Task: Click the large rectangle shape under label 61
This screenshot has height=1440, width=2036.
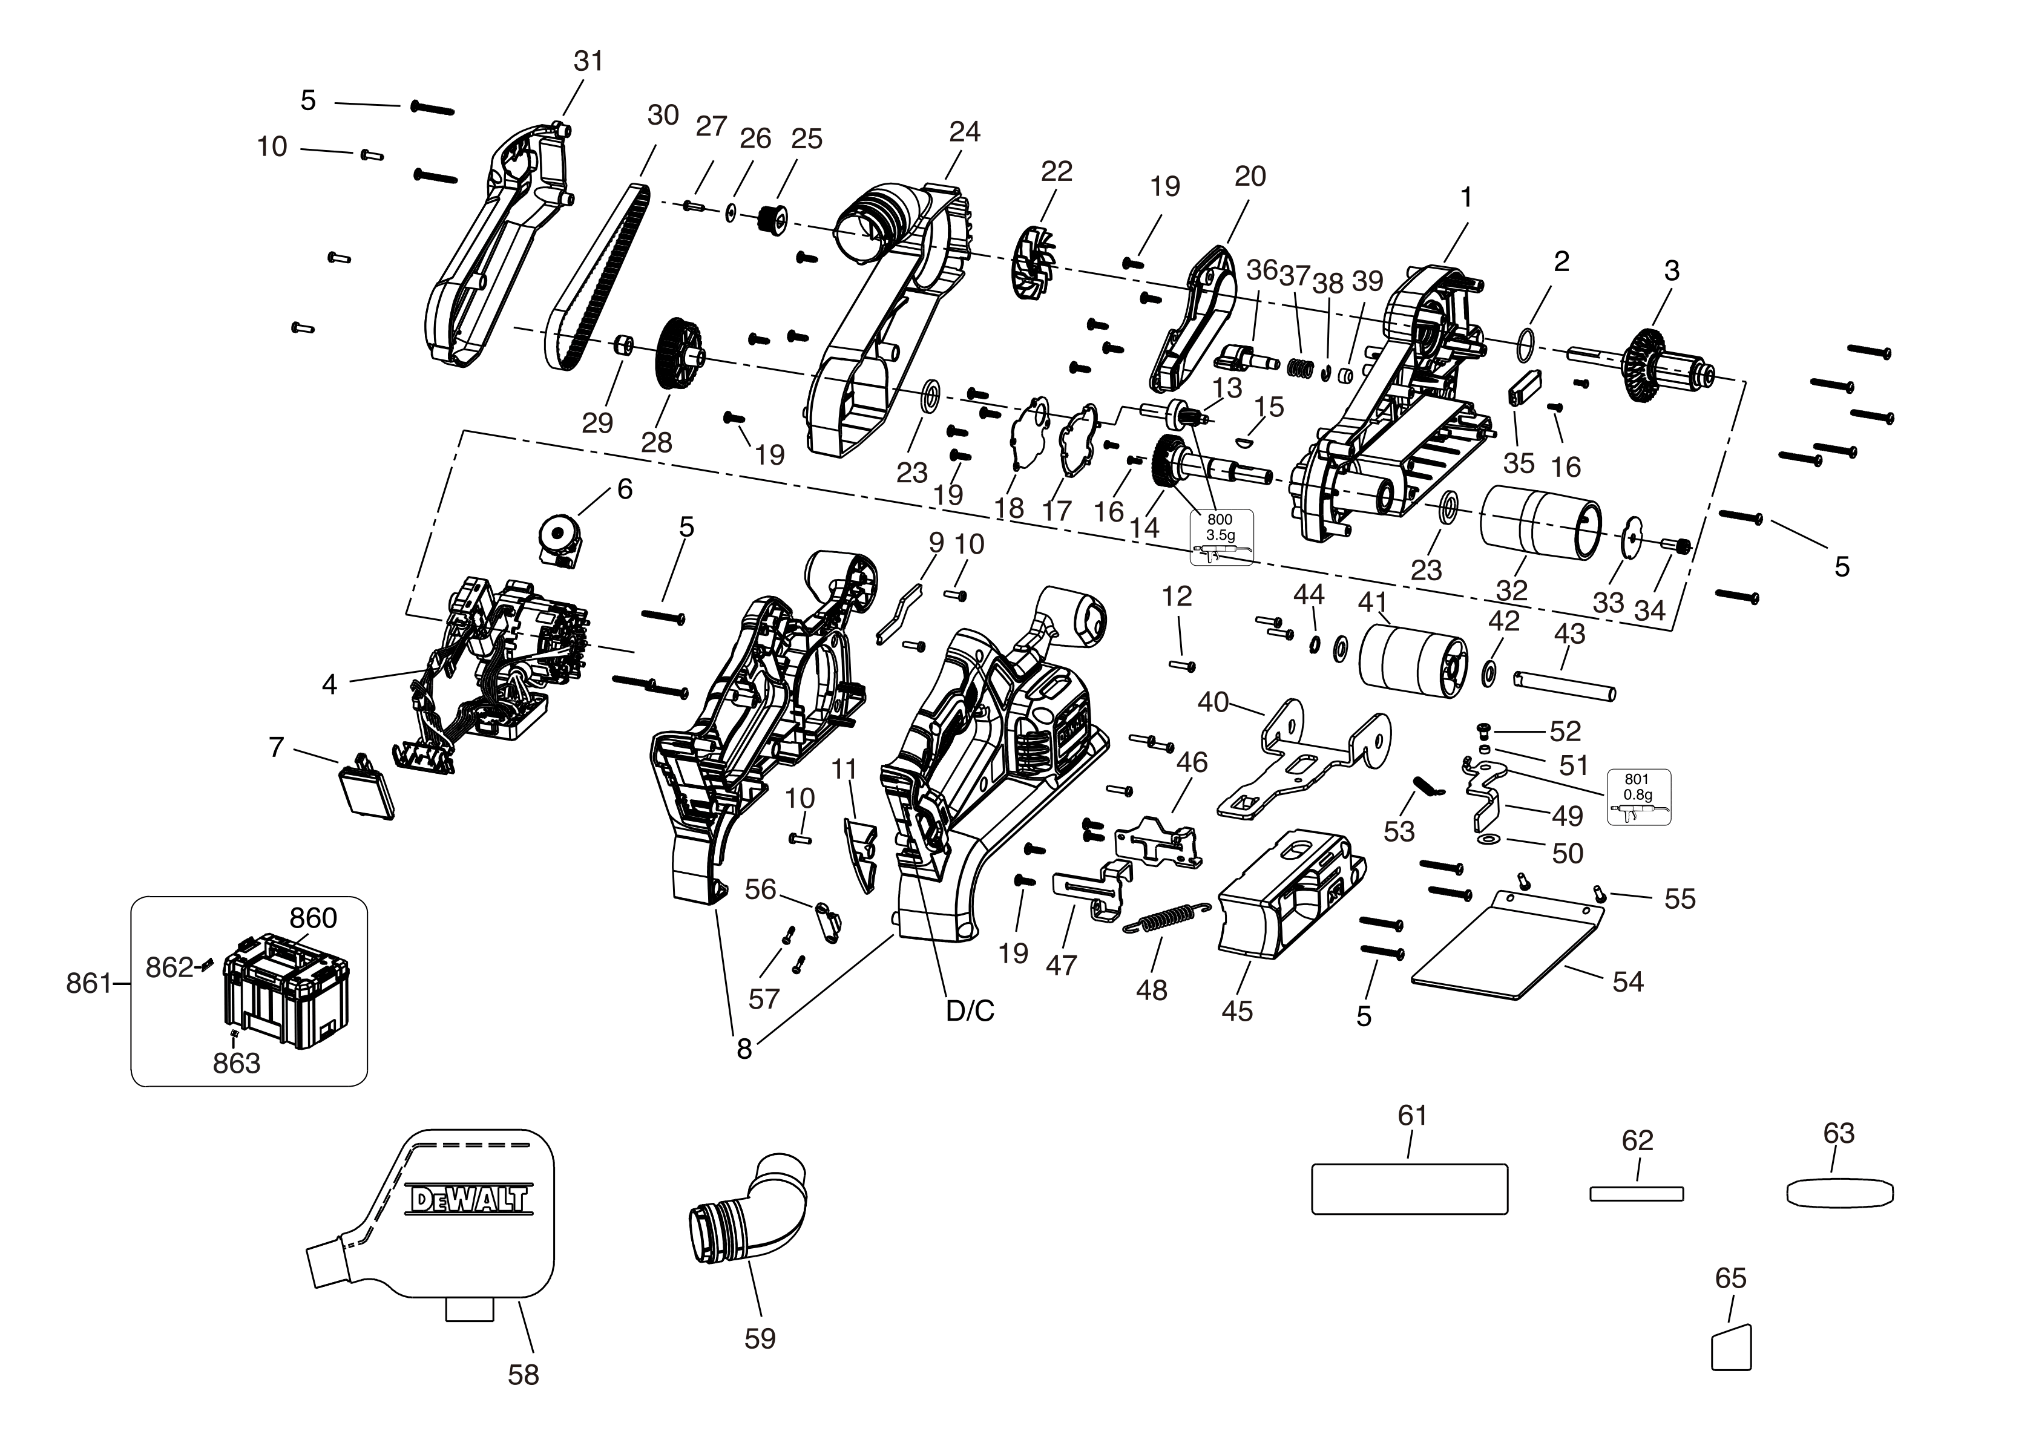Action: [1409, 1189]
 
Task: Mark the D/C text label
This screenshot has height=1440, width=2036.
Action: [970, 1011]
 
